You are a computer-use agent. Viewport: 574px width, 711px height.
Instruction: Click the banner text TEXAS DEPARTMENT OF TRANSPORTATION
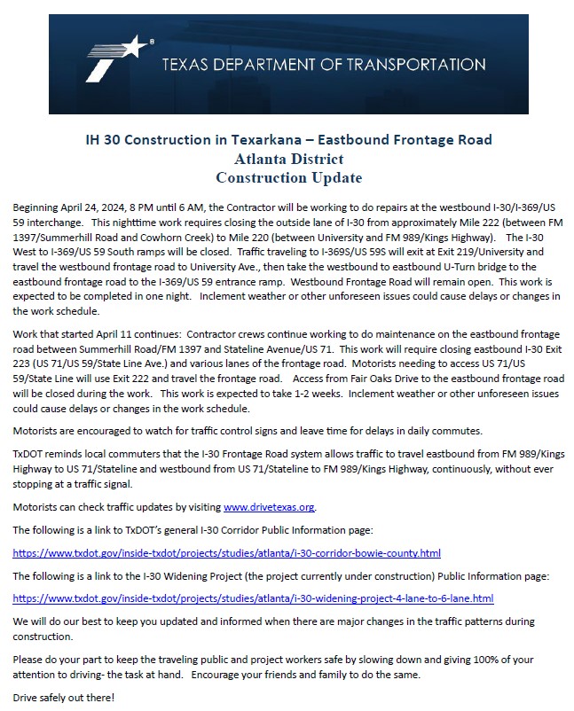(324, 65)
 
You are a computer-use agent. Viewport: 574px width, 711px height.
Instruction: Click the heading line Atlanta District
(289, 160)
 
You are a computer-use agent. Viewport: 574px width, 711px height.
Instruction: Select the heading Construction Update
(289, 177)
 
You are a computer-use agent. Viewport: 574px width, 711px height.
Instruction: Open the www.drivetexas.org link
(269, 507)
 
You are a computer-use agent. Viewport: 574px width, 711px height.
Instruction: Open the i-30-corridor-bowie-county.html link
(227, 553)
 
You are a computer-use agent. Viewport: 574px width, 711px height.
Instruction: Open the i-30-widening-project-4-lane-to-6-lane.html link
(253, 599)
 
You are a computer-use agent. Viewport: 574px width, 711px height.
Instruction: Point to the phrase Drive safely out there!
(64, 698)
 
